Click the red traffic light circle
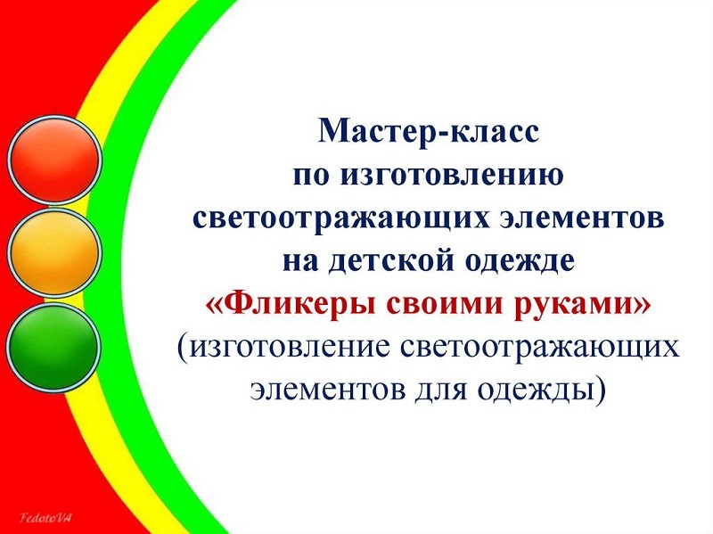tap(54, 160)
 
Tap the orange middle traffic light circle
tap(54, 253)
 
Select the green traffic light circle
tap(53, 348)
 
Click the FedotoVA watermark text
tap(46, 518)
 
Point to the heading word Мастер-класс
tap(429, 131)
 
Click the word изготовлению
tap(453, 176)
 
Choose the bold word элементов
tap(583, 219)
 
